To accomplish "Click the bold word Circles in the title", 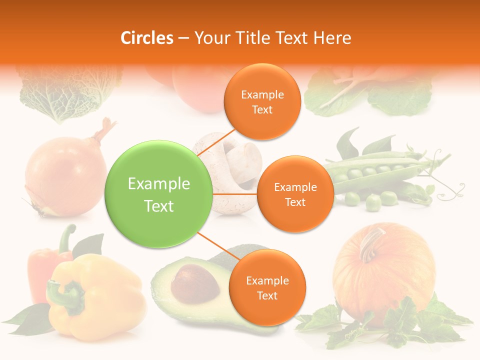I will [147, 38].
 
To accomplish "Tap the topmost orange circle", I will [262, 102].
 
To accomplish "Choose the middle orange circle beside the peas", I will [295, 194].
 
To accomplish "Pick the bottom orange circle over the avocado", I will [267, 287].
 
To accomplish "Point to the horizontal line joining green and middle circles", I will [234, 194].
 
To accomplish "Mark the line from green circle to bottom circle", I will [216, 247].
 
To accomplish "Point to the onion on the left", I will [65, 175].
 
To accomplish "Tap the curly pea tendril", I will [452, 187].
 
